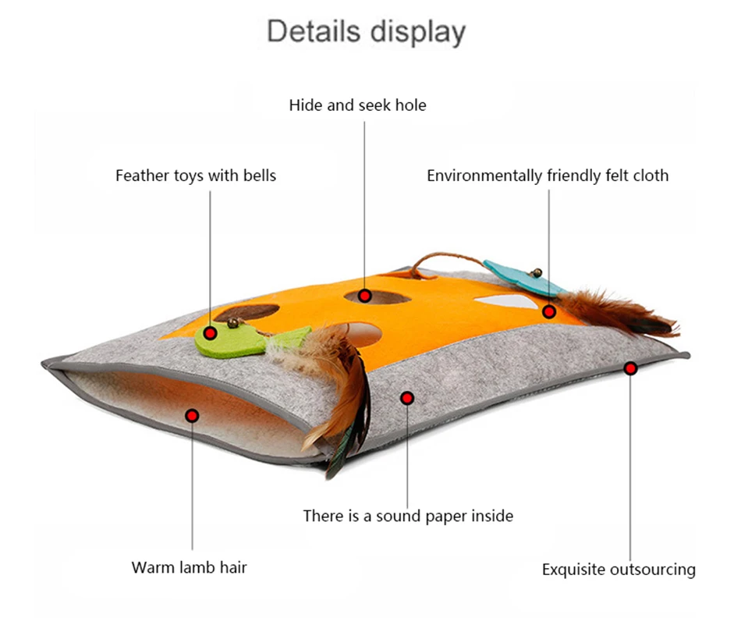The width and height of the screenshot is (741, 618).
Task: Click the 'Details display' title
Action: [x=367, y=32]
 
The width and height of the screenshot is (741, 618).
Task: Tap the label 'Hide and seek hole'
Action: [x=358, y=105]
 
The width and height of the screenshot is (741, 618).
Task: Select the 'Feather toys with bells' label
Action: [x=196, y=176]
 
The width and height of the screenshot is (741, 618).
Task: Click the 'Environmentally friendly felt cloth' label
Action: [x=548, y=176]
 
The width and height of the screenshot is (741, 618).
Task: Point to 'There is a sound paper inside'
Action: [x=408, y=516]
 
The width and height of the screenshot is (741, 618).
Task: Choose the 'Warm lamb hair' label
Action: [x=189, y=567]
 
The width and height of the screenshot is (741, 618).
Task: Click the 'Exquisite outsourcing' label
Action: [x=619, y=570]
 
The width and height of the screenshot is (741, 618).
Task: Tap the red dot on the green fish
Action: [x=211, y=334]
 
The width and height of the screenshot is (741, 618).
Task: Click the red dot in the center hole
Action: [x=364, y=297]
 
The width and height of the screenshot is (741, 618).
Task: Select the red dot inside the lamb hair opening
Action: [x=192, y=416]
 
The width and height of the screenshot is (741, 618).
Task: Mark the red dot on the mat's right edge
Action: [x=630, y=368]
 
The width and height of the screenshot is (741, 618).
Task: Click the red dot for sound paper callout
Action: [x=407, y=399]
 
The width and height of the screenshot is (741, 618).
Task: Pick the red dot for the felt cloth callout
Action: [x=548, y=312]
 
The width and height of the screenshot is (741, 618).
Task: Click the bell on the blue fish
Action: [x=537, y=273]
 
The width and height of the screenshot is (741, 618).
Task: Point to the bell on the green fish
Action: [x=233, y=323]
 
